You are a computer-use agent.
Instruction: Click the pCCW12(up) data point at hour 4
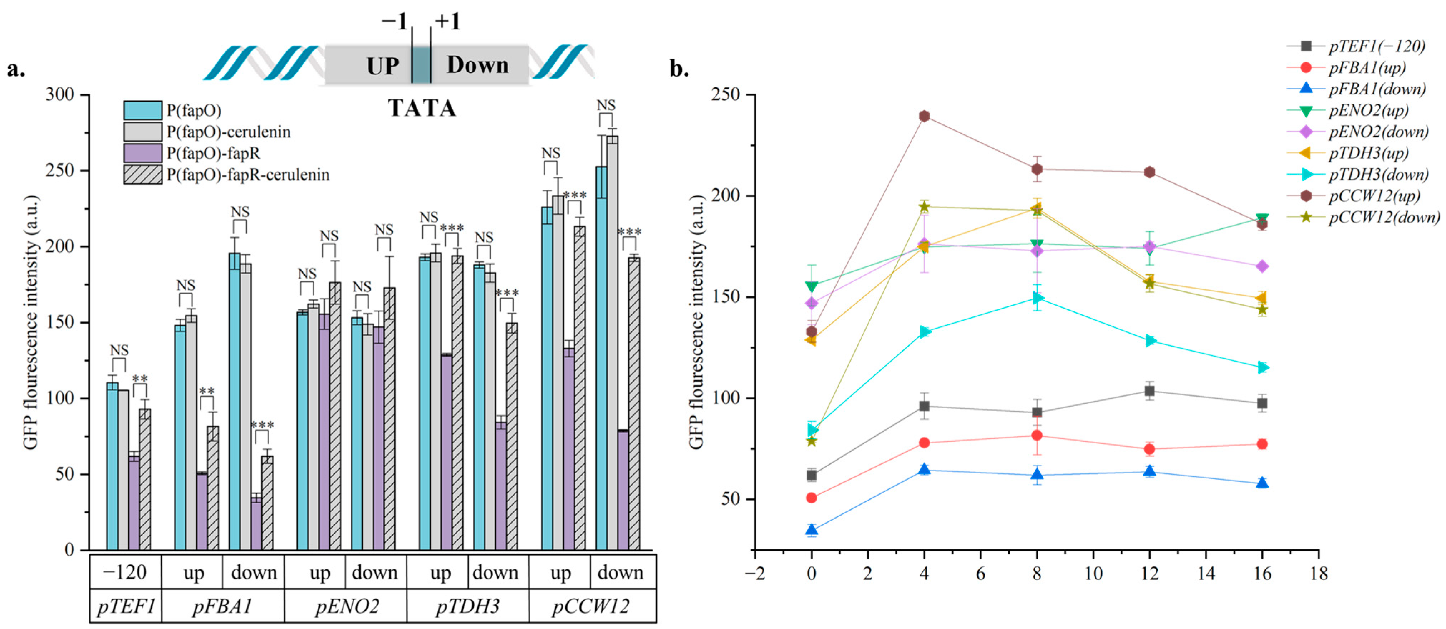[x=924, y=116]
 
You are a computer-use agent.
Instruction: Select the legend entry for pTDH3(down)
[x=1378, y=175]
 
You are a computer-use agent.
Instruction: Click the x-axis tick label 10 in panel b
[x=1093, y=574]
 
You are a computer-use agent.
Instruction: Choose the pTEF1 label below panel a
[x=126, y=606]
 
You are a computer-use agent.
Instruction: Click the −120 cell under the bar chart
[x=126, y=573]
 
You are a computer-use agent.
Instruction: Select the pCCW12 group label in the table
[x=591, y=606]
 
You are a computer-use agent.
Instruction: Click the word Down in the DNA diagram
[x=478, y=65]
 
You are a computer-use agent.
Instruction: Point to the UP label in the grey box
[x=383, y=66]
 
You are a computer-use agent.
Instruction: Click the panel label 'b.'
[x=679, y=69]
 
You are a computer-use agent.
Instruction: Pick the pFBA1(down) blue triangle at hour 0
[x=811, y=529]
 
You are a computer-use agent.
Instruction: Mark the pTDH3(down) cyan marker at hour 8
[x=1037, y=298]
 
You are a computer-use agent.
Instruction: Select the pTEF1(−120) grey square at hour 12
[x=1150, y=391]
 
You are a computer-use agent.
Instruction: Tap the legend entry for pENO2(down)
[x=1378, y=132]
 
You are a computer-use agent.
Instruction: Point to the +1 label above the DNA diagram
[x=448, y=21]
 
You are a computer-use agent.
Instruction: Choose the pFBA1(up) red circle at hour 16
[x=1262, y=444]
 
